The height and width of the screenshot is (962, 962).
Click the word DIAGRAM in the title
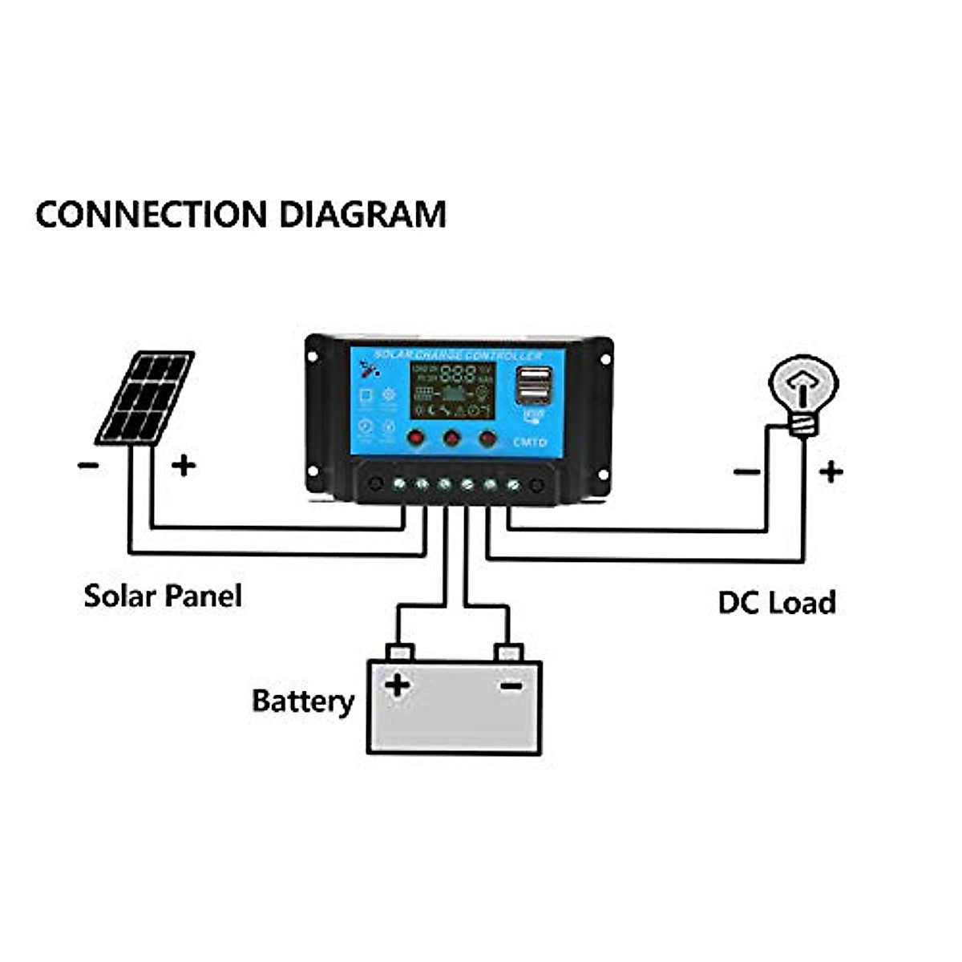tap(362, 215)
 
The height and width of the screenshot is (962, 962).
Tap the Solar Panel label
tap(163, 596)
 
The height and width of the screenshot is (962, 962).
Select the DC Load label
tap(776, 603)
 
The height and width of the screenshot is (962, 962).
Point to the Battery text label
tap(302, 701)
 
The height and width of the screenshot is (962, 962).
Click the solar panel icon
tap(145, 398)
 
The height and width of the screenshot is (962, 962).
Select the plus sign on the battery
tap(398, 685)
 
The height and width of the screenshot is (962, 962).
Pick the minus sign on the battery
tap(511, 685)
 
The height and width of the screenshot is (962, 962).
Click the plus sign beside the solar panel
tap(184, 465)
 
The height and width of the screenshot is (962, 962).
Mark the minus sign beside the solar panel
tap(88, 465)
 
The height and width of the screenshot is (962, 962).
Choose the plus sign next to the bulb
tap(831, 471)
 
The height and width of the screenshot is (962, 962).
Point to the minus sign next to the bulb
tap(746, 471)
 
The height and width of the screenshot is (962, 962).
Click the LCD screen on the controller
tap(452, 390)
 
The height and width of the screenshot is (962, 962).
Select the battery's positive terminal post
tap(399, 652)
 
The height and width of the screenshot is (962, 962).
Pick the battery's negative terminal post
tap(508, 652)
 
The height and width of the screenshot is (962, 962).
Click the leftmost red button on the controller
tap(415, 438)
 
